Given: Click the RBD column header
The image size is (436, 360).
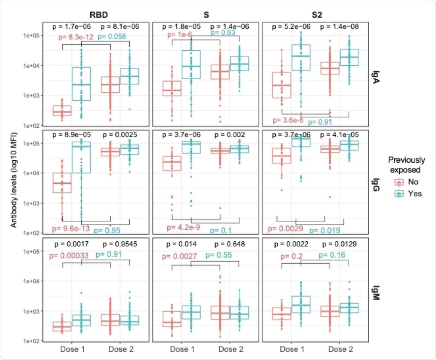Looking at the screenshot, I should (x=95, y=13).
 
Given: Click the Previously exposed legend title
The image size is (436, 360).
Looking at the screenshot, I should (x=406, y=165).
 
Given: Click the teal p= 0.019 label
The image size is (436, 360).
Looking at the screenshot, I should (x=325, y=230).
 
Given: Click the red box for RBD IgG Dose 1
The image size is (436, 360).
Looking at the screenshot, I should (x=62, y=182).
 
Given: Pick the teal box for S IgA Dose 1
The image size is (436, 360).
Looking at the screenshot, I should (x=192, y=65).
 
